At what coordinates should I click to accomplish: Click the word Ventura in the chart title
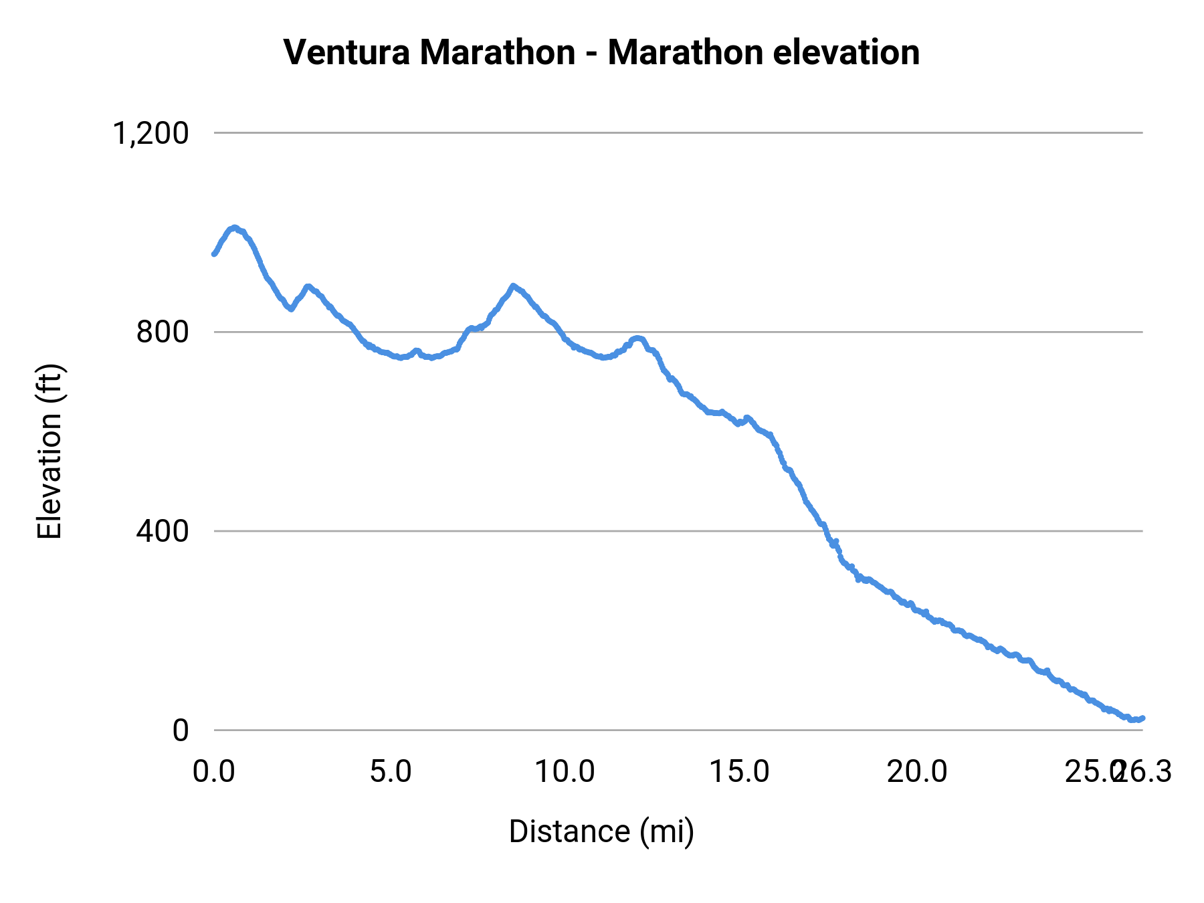(x=346, y=52)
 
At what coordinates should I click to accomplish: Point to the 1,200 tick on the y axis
(x=150, y=134)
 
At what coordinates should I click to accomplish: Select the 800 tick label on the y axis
(x=163, y=332)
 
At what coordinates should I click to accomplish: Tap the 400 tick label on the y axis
(x=163, y=532)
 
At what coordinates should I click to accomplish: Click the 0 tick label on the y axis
(x=181, y=730)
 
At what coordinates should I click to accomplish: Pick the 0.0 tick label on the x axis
(x=214, y=772)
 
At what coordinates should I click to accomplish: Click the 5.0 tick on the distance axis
(x=391, y=772)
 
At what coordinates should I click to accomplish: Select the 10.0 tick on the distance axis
(x=565, y=772)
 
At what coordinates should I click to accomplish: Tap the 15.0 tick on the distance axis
(x=739, y=772)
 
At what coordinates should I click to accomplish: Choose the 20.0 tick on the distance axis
(x=917, y=772)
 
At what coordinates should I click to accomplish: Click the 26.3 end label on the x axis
(x=1145, y=772)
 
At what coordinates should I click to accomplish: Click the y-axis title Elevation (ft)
(x=49, y=451)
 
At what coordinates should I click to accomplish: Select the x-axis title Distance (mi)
(x=601, y=831)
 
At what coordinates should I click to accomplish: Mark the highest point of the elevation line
(x=233, y=228)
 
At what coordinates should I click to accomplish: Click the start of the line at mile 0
(x=214, y=254)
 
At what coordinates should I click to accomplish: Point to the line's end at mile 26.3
(x=1142, y=718)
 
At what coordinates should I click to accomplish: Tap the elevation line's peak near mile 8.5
(x=513, y=286)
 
